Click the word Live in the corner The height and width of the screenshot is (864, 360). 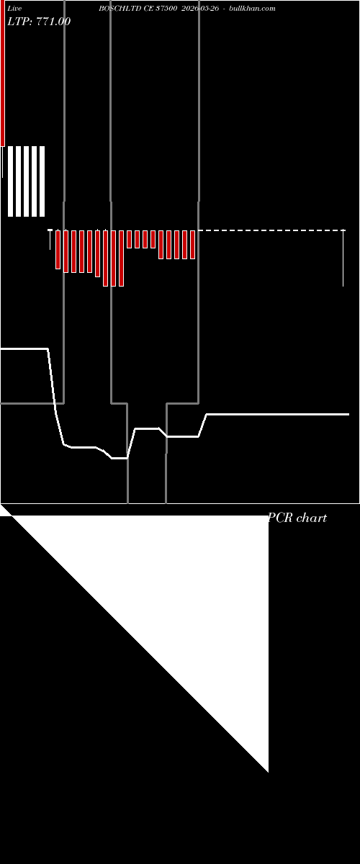click(x=14, y=9)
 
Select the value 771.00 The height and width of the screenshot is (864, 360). click(x=53, y=21)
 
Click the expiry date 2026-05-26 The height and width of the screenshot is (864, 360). click(x=200, y=9)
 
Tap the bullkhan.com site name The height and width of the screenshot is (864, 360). click(x=252, y=9)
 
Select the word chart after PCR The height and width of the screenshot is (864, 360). click(x=312, y=518)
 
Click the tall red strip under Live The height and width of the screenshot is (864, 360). click(x=3, y=73)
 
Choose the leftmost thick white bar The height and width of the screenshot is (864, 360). click(x=10, y=181)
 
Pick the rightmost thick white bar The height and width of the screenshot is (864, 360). click(x=42, y=181)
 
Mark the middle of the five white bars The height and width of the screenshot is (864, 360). click(x=26, y=181)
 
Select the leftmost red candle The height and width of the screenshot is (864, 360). click(x=58, y=250)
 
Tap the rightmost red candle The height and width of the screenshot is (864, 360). click(x=192, y=245)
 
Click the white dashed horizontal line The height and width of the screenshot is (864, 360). click(x=271, y=230)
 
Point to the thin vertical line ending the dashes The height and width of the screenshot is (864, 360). click(x=343, y=258)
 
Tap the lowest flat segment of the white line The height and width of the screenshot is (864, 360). click(x=120, y=458)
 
